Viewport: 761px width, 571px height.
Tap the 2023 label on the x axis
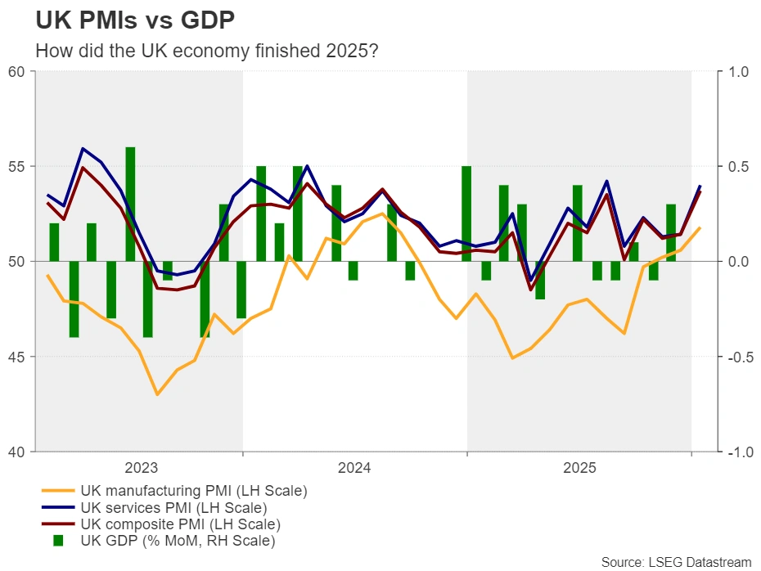[141, 469]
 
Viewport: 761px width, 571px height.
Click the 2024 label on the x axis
[354, 469]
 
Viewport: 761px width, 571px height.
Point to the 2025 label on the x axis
[579, 469]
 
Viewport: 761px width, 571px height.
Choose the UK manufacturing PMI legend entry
[193, 492]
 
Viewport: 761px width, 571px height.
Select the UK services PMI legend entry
[180, 508]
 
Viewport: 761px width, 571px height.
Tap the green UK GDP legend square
[58, 541]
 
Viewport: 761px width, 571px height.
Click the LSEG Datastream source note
[676, 561]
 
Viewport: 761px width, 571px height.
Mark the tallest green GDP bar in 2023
[130, 205]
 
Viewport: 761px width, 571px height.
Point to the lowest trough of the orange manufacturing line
[157, 394]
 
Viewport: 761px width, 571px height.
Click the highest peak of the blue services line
[83, 149]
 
